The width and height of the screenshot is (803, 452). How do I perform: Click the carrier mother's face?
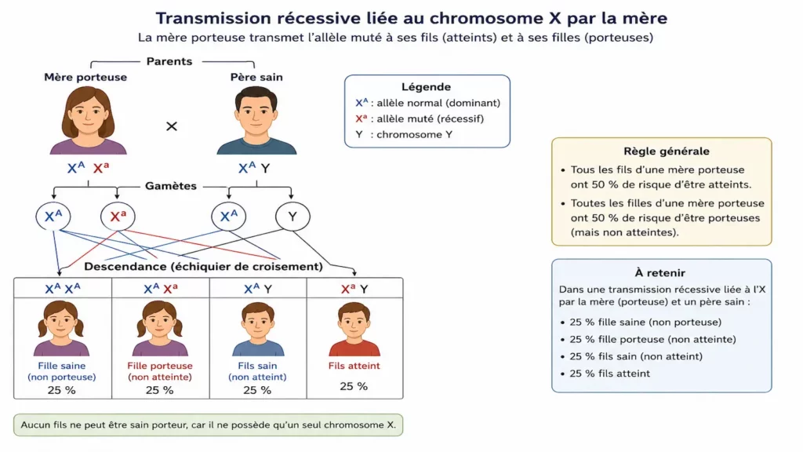[x=88, y=115]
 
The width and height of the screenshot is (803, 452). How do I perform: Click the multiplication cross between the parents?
[x=172, y=126]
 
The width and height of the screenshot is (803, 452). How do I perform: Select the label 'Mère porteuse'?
[x=85, y=78]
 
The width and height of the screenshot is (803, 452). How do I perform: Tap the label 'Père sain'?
[x=256, y=78]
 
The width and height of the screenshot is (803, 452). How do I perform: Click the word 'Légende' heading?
[x=426, y=87]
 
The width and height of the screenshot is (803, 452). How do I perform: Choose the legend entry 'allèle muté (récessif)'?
[x=431, y=119]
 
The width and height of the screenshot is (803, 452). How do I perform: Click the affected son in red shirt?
[x=354, y=329]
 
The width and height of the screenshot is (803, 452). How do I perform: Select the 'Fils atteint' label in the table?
[x=354, y=366]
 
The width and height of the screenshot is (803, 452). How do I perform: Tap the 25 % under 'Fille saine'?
[x=61, y=390]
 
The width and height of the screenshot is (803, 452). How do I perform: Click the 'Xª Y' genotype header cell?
[x=355, y=289]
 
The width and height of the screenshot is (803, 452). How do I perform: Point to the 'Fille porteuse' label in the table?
[x=160, y=366]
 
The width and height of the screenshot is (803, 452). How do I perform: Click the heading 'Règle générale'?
[x=667, y=151]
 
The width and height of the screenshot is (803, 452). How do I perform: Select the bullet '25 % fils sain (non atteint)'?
[x=636, y=356]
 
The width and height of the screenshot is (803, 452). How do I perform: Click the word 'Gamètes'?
[x=170, y=186]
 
